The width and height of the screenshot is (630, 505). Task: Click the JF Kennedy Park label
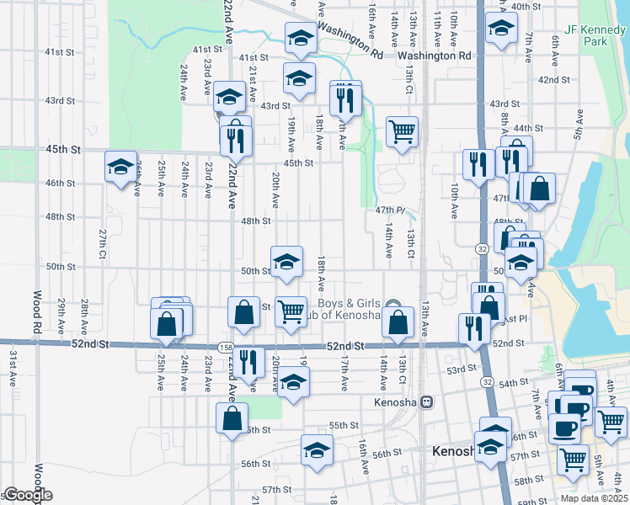tap(586, 35)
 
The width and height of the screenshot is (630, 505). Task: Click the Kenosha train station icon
tap(427, 401)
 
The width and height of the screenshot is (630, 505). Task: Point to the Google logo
tap(27, 495)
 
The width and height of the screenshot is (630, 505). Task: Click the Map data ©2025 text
tap(594, 498)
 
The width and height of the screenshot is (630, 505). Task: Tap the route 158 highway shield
tap(226, 346)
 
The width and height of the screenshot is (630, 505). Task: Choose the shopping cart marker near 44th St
tap(403, 131)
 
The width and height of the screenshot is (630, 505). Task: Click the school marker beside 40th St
tap(501, 30)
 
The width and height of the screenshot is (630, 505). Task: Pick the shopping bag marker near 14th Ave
tap(398, 322)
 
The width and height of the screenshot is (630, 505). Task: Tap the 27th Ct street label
tap(102, 243)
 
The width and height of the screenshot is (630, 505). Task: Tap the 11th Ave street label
tap(436, 25)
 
